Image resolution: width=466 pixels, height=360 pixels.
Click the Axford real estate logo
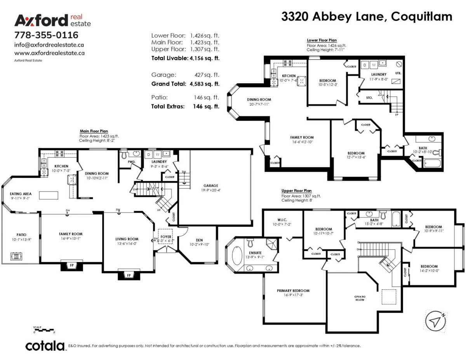(52, 20)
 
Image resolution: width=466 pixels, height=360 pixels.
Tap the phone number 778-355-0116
(46, 35)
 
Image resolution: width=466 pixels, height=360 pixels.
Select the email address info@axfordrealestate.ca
(49, 45)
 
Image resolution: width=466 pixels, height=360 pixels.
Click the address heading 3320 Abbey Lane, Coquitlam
(367, 16)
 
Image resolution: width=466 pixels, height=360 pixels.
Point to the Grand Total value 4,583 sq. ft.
(204, 83)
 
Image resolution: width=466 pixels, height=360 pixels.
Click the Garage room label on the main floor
(211, 186)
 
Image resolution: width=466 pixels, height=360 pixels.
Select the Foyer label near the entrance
(165, 236)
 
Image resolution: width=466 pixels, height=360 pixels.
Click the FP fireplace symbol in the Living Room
(129, 275)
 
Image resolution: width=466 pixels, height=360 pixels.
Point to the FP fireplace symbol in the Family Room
(71, 266)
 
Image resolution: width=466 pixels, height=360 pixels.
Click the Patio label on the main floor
(21, 235)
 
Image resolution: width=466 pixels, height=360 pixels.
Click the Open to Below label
(359, 298)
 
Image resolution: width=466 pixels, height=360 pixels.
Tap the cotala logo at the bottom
(45, 346)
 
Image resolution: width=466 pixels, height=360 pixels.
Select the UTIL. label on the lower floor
(398, 73)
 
